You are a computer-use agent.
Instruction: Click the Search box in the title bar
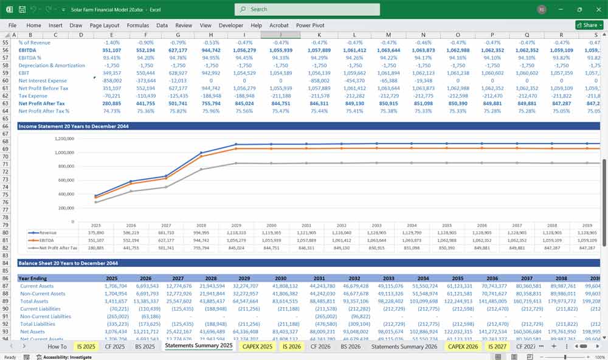(x=307, y=10)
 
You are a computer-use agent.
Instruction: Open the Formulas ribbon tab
(x=137, y=26)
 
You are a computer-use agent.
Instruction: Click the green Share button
(x=587, y=26)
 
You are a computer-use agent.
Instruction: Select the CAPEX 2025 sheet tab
(x=258, y=346)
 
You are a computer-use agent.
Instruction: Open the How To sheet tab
(x=57, y=346)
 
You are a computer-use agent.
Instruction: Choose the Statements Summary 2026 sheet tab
(x=404, y=346)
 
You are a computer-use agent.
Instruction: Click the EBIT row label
(x=24, y=73)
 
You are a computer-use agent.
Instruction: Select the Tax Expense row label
(x=33, y=95)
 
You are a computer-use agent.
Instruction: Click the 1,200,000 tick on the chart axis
(x=60, y=139)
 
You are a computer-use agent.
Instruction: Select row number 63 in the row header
(x=6, y=103)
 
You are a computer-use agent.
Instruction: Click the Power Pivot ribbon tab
(x=311, y=26)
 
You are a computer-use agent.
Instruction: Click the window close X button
(x=597, y=10)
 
